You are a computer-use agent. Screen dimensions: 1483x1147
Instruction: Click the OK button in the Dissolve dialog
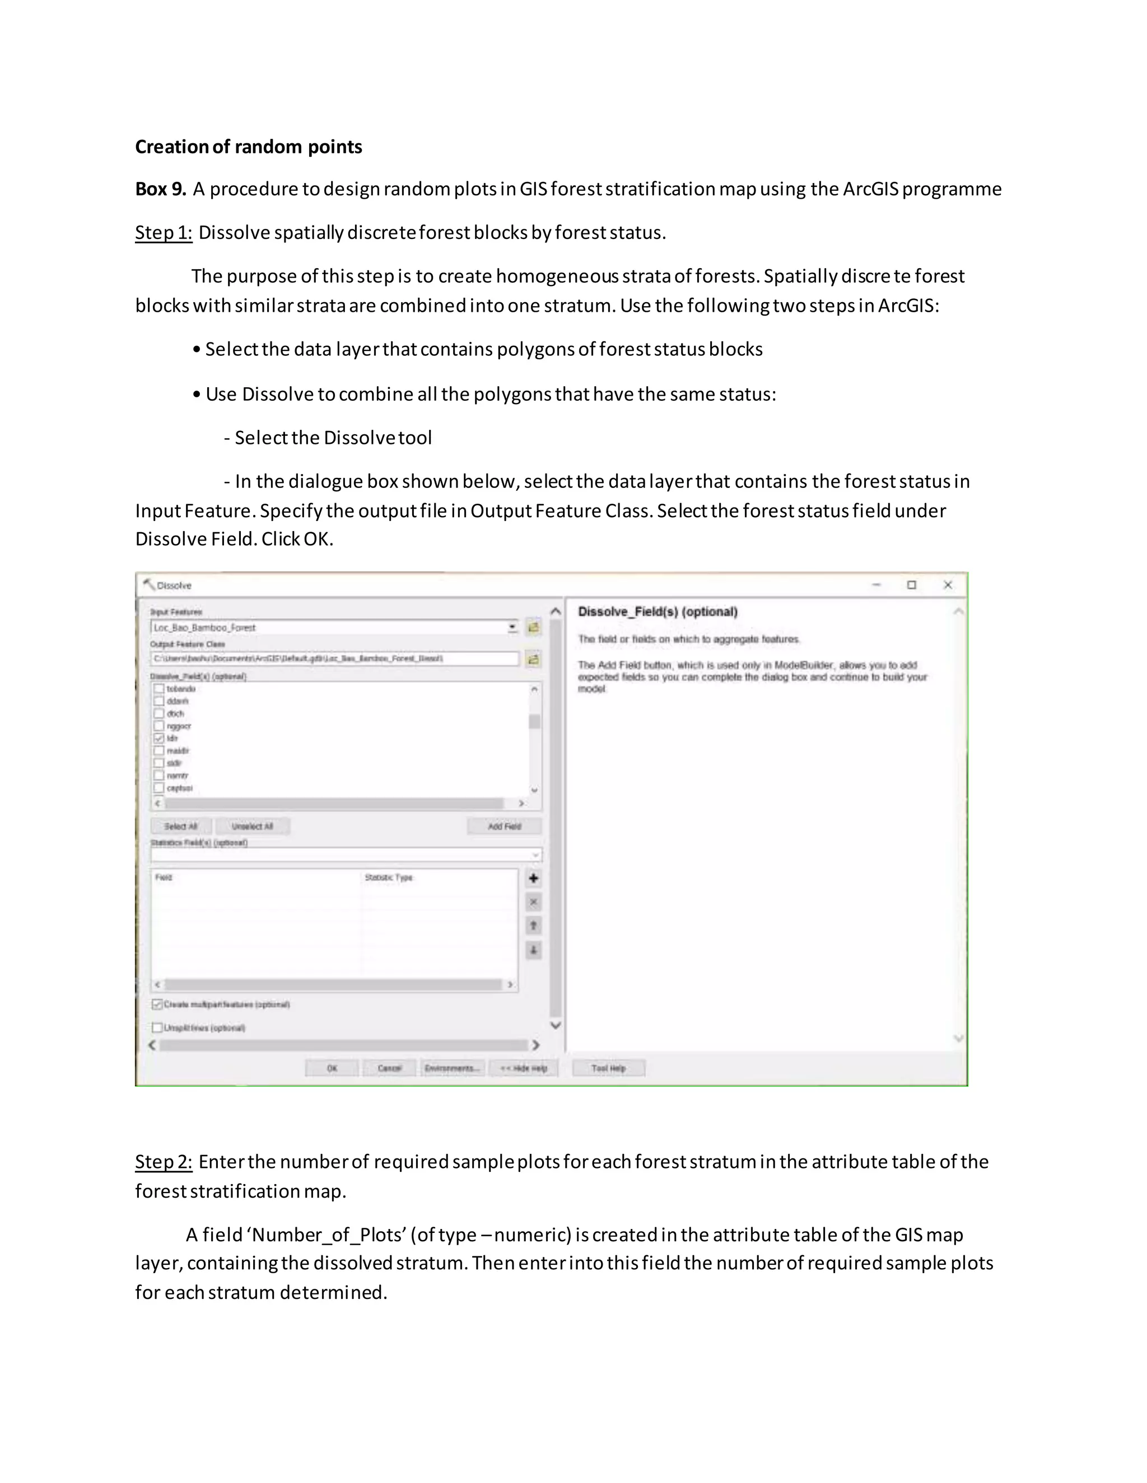click(332, 1068)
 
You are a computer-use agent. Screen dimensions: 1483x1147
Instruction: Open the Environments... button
click(452, 1068)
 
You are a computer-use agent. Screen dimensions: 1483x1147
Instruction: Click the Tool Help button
click(608, 1068)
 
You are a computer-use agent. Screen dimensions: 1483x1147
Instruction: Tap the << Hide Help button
click(523, 1068)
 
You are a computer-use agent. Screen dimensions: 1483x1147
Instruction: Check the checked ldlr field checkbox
click(159, 738)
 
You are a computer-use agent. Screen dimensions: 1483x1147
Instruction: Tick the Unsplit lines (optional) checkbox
click(157, 1027)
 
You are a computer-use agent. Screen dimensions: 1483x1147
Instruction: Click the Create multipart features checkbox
click(157, 1005)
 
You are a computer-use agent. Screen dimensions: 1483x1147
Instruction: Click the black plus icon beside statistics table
click(533, 879)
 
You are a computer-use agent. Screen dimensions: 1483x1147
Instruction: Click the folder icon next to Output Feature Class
click(533, 659)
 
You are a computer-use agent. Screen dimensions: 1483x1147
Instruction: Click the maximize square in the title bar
click(912, 585)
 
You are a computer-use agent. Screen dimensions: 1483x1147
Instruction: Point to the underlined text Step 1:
click(164, 233)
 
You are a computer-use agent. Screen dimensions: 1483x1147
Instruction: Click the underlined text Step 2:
click(164, 1162)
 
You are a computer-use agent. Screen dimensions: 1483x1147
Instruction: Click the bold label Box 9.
click(160, 189)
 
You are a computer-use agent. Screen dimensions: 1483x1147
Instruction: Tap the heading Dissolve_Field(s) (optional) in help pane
click(657, 612)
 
